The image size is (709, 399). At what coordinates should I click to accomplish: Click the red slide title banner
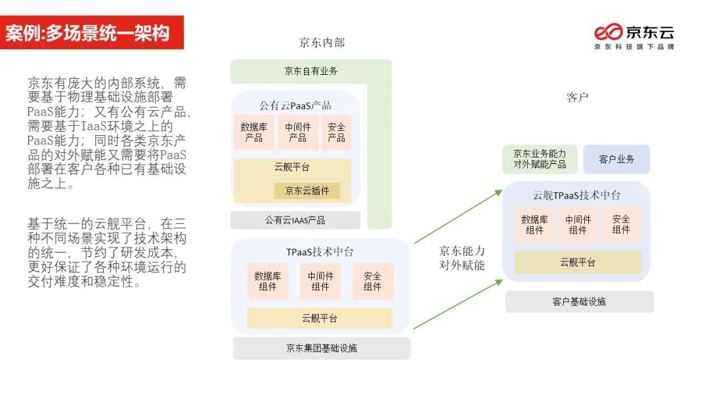click(92, 33)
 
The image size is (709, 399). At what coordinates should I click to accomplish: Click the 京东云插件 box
click(307, 191)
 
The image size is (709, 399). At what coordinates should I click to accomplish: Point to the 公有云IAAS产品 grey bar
click(295, 220)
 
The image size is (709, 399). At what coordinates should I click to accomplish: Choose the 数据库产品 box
click(253, 133)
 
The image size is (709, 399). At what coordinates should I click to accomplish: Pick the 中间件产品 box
click(297, 133)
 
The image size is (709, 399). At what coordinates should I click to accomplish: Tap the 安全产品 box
click(336, 133)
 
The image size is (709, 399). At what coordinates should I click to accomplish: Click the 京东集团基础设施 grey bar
click(321, 348)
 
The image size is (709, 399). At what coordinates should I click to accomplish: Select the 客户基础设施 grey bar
click(579, 302)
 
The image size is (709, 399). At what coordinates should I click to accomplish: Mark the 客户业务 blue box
click(616, 159)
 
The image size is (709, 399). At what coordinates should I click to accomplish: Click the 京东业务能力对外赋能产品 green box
click(540, 159)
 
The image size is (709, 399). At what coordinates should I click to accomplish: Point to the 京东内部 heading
click(322, 43)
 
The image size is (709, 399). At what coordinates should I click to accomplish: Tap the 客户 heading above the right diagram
click(577, 98)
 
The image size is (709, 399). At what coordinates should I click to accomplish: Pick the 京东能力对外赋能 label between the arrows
click(462, 258)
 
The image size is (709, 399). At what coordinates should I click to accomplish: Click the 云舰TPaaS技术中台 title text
click(576, 196)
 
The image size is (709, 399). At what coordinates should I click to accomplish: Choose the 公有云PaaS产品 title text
click(295, 105)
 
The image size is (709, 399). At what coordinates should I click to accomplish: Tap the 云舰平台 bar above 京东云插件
click(292, 167)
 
